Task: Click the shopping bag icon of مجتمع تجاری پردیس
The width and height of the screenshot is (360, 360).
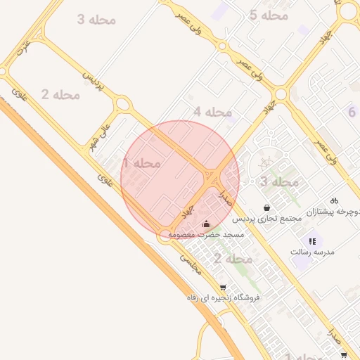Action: [x=267, y=207]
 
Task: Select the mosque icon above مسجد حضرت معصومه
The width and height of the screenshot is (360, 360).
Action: [x=206, y=224]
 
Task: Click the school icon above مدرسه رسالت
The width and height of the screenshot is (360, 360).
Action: [x=312, y=241]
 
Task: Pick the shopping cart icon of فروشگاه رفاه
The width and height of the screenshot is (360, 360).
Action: [x=223, y=288]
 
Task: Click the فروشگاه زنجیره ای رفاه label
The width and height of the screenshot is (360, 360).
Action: [x=223, y=297]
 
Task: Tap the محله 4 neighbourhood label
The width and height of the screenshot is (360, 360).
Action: [x=212, y=112]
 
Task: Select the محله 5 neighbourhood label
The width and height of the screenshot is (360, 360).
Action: [x=269, y=15]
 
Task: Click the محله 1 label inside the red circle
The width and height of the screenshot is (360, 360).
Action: [x=141, y=163]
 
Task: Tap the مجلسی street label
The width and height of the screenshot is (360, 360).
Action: [x=190, y=263]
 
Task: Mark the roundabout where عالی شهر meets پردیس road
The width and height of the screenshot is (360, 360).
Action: [x=124, y=105]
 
